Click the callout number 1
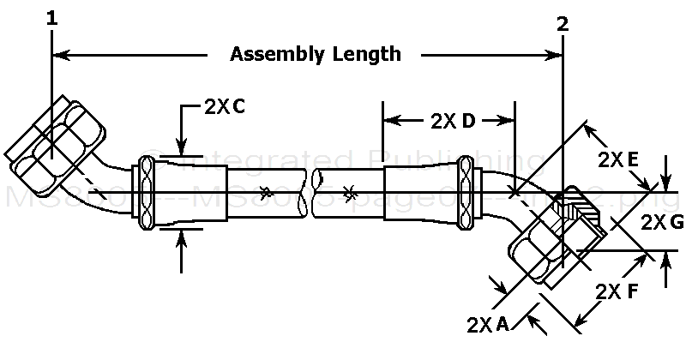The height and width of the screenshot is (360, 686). coord(53,17)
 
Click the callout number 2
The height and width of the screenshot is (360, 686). coord(563,24)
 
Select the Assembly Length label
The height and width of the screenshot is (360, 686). coord(316,55)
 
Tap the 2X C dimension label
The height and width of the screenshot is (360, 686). coord(226,107)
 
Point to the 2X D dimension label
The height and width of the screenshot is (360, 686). coord(447,121)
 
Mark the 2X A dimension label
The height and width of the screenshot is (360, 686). coord(489,323)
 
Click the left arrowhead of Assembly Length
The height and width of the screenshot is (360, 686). coord(60,56)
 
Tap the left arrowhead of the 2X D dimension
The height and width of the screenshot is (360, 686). coord(389,121)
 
